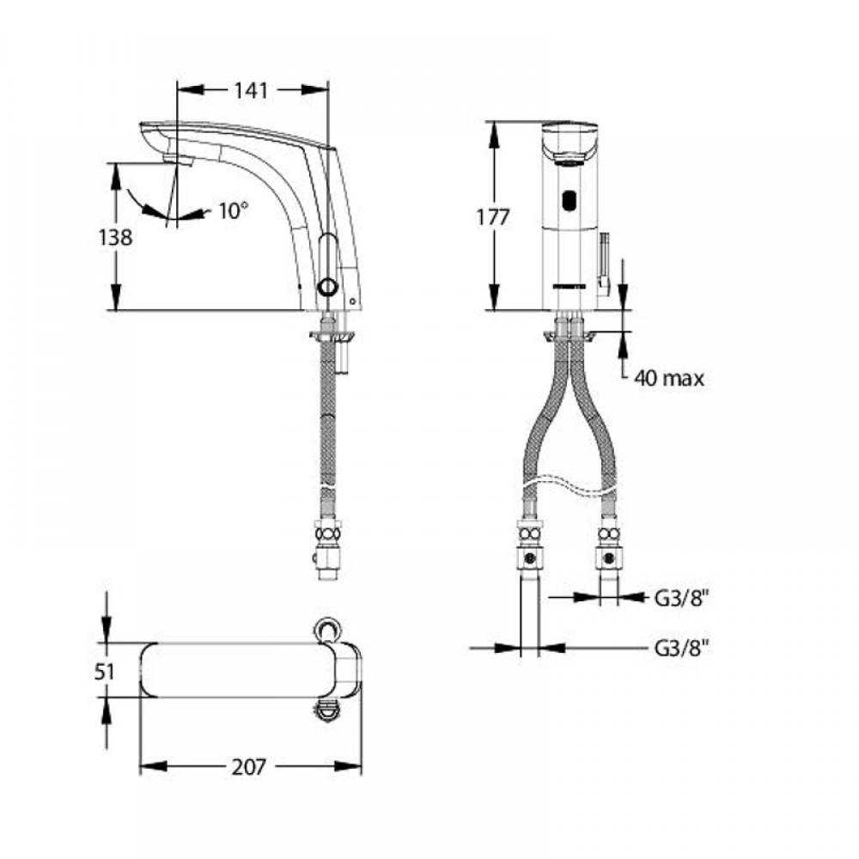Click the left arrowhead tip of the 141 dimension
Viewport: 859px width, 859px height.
(178, 90)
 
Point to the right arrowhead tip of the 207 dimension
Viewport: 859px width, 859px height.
(362, 766)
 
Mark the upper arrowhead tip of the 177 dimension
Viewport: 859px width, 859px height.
(494, 122)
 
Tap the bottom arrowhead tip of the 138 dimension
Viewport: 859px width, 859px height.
(116, 310)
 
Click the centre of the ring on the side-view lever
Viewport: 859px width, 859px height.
(329, 287)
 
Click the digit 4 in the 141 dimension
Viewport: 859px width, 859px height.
(252, 91)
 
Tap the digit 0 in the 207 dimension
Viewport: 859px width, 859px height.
(249, 767)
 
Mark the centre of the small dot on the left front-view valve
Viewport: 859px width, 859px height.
(530, 559)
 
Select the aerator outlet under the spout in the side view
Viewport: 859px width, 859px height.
(179, 160)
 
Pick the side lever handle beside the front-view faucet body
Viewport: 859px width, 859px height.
(604, 264)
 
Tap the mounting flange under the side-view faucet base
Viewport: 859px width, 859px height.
(332, 334)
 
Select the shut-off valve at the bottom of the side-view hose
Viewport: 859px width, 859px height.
(327, 554)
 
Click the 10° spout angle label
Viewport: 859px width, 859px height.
(234, 211)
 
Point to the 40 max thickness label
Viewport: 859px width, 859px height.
(669, 378)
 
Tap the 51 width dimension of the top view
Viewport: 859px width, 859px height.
(105, 672)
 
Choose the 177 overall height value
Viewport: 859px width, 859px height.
(492, 217)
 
